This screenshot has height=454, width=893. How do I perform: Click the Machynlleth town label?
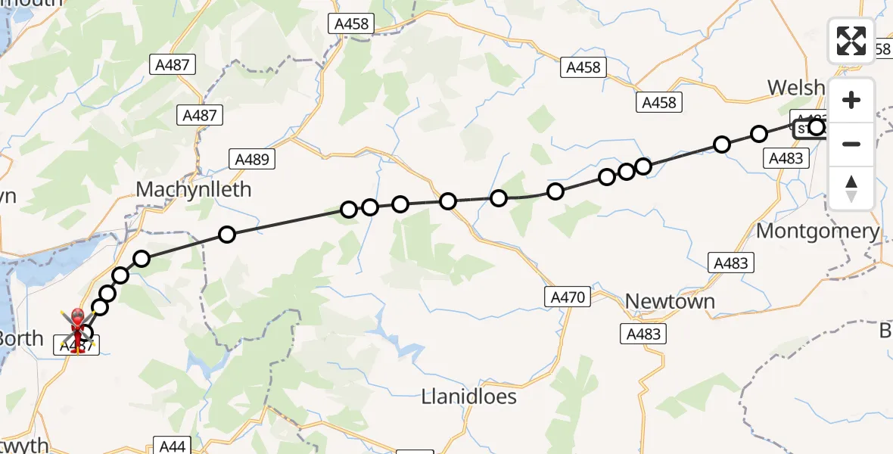tap(193, 189)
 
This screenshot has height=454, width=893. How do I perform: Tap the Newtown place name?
tap(670, 301)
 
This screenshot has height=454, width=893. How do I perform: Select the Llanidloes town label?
tap(469, 396)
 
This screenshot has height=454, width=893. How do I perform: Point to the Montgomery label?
tap(817, 231)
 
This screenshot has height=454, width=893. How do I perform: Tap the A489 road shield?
tap(252, 160)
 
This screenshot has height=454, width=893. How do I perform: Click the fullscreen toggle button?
tap(851, 41)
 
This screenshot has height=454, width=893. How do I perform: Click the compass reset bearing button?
tap(851, 188)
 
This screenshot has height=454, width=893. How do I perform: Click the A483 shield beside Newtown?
tap(643, 334)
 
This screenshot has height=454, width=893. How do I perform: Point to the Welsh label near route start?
tap(796, 88)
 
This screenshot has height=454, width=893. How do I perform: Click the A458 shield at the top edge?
tap(352, 24)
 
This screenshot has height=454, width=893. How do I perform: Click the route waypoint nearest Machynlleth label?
tap(227, 235)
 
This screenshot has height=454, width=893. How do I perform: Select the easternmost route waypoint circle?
tap(816, 126)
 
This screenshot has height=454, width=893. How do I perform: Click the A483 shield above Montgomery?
tap(785, 158)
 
